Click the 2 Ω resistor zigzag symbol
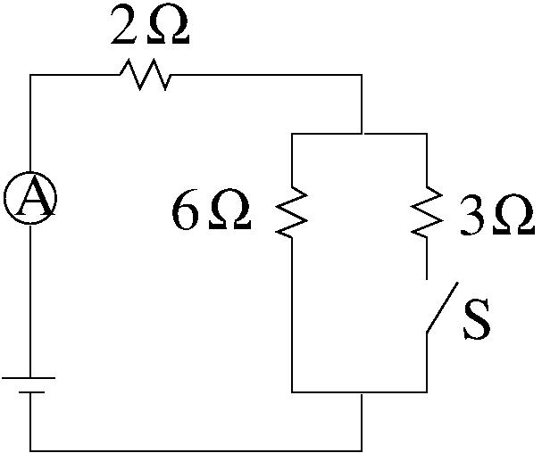(x=144, y=75)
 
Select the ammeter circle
(x=30, y=200)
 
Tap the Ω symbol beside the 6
(x=229, y=215)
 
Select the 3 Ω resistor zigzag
(x=425, y=212)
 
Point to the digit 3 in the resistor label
(x=471, y=216)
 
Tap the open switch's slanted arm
(x=441, y=309)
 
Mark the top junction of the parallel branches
(x=362, y=134)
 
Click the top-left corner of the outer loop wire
(x=30, y=75)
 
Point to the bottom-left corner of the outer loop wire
(x=30, y=449)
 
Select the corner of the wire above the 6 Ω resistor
(x=293, y=134)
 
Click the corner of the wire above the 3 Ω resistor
(x=426, y=134)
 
